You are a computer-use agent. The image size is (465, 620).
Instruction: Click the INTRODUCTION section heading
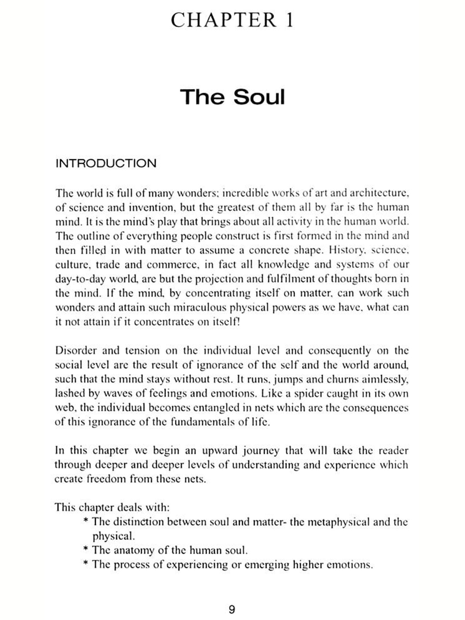106,163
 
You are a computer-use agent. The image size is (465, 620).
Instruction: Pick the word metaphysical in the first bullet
329,522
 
